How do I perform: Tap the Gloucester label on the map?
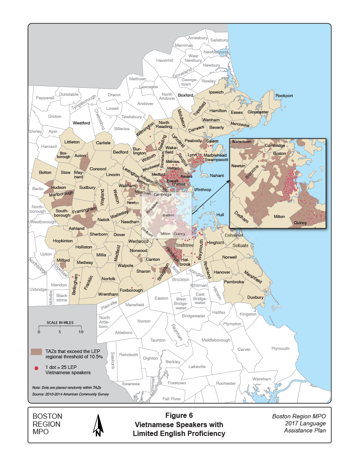point(258,112)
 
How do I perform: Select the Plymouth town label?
point(280,349)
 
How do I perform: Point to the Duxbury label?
point(255,297)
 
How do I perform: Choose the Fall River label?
point(172,398)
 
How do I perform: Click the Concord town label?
point(98,169)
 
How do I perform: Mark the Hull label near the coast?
point(221,214)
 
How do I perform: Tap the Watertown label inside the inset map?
point(241,142)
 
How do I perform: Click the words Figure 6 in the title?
point(179,415)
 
